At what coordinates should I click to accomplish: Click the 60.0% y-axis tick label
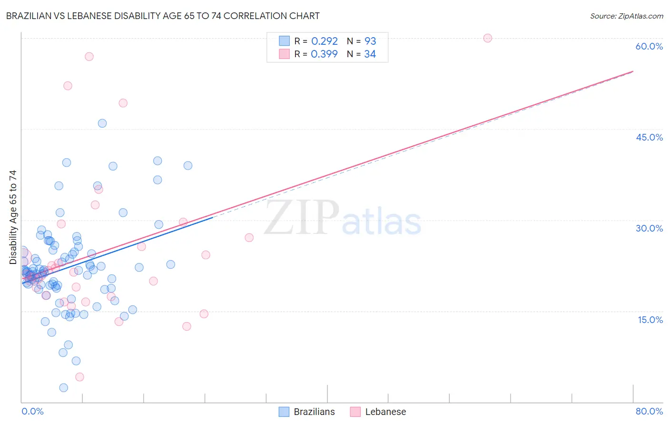[x=649, y=46]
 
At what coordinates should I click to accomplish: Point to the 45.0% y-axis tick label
[x=649, y=137]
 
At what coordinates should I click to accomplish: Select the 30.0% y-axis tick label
[x=649, y=228]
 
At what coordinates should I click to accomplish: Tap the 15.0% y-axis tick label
[x=650, y=320]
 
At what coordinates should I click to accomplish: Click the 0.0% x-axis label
[x=32, y=411]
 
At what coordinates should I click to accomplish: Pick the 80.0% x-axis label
[x=649, y=411]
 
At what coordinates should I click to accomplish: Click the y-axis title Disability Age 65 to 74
[x=13, y=217]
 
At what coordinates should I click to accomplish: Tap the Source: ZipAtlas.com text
[x=626, y=16]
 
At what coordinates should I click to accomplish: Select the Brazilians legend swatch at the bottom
[x=284, y=412]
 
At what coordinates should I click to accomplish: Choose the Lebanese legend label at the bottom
[x=385, y=412]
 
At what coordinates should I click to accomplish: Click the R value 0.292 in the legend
[x=324, y=41]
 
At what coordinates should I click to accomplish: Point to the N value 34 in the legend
[x=370, y=54]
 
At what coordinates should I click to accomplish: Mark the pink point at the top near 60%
[x=487, y=38]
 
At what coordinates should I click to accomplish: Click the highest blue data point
[x=102, y=123]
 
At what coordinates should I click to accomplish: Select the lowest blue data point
[x=63, y=388]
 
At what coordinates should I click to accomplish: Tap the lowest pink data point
[x=79, y=377]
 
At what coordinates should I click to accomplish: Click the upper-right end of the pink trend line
[x=633, y=71]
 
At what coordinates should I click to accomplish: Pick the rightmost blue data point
[x=188, y=166]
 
